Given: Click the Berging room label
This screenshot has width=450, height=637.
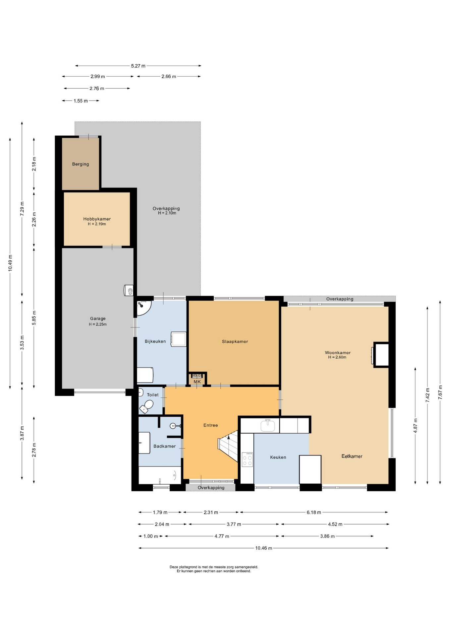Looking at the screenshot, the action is coord(81,164).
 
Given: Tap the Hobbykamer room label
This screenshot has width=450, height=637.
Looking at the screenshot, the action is coord(97,219).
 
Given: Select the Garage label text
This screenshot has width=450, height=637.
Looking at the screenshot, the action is coord(98,318).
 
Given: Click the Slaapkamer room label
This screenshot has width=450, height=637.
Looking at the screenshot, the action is coord(235,341).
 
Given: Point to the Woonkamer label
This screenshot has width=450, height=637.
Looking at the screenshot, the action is coord(338,353).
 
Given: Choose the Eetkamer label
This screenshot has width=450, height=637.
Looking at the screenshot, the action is coord(352,456).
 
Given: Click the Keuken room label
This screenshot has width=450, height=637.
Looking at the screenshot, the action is coord(278,457).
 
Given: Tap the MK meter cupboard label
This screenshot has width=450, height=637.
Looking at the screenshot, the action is coord(197,382).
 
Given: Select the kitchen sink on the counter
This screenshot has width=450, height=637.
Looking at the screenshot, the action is coord(268,425).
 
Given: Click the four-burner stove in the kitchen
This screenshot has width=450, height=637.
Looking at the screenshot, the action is coord(247,460).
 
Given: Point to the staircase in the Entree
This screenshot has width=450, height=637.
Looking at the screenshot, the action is coord(228,446).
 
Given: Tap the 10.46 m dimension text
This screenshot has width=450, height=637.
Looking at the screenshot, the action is coord(263,548).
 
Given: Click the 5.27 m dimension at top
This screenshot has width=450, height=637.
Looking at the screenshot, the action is coord(138,66).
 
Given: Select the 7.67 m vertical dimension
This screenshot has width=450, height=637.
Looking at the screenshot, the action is coord(440,392).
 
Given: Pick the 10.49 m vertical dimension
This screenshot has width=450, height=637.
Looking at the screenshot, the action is coord(10,263).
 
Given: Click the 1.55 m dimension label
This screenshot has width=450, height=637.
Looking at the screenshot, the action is coord(81,101).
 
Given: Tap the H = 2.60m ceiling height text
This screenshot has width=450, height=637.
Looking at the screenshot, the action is coord(337,357).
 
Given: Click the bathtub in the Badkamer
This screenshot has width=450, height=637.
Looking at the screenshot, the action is coord(160,475).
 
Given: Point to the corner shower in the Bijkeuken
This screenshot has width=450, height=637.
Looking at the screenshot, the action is coord(144,308).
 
